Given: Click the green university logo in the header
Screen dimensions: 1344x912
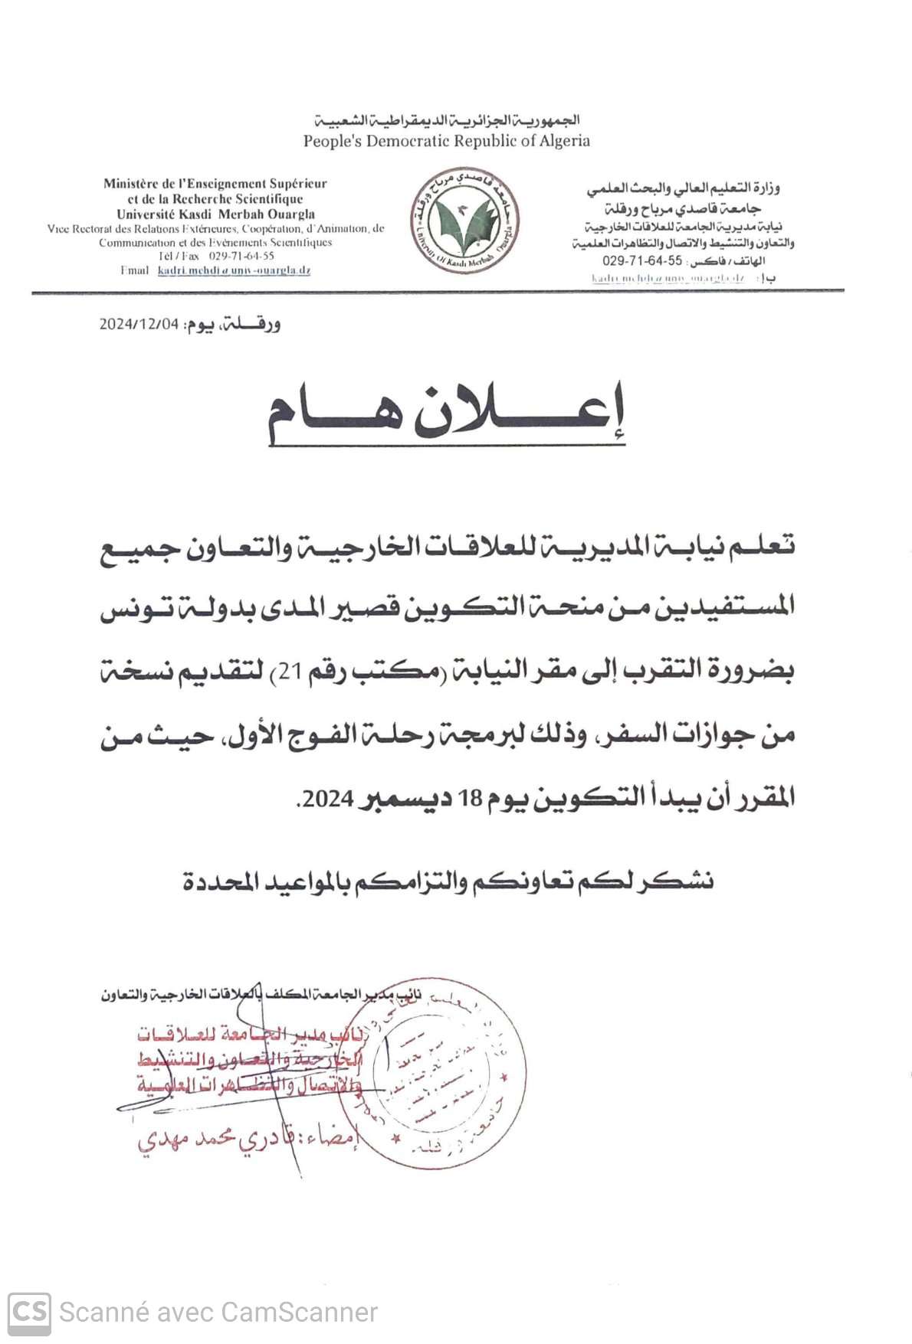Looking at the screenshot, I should [464, 220].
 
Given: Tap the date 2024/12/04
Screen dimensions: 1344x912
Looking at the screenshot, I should [139, 324].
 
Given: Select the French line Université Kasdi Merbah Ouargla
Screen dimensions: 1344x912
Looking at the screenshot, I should [215, 214].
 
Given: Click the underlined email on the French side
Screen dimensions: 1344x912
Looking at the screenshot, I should [234, 270].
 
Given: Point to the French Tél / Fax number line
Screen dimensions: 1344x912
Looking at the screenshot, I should [216, 257].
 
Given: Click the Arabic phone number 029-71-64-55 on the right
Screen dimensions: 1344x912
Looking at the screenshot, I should [641, 260].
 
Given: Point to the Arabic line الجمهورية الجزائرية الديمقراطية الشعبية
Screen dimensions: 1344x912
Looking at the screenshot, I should [447, 120].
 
